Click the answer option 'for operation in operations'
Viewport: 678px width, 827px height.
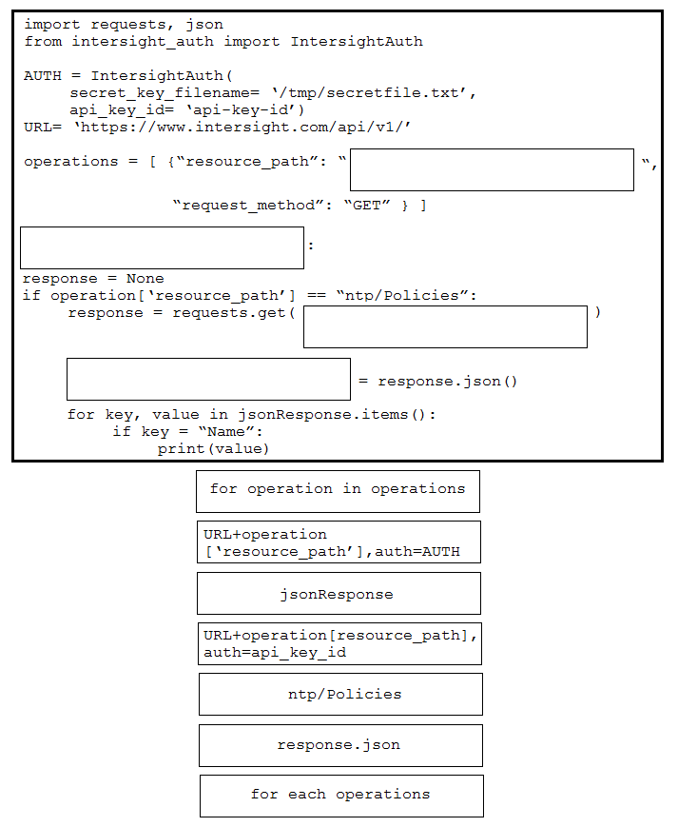(x=338, y=491)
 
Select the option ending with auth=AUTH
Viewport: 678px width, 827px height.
(x=339, y=541)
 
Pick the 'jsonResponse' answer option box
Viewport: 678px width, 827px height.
(x=339, y=593)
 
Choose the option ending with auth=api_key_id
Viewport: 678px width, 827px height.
(x=339, y=643)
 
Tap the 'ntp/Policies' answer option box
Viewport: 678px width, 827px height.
(x=340, y=694)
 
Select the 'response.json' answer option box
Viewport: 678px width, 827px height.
(x=340, y=745)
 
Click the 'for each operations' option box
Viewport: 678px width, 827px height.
(x=341, y=796)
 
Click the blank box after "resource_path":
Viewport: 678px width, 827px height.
(x=492, y=169)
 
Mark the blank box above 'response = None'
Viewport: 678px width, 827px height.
(x=162, y=247)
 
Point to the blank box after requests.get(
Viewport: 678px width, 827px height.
(x=445, y=326)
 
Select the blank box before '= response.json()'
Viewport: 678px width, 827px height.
(x=208, y=379)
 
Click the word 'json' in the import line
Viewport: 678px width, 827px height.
(x=204, y=25)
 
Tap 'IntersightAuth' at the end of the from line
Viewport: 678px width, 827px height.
(x=357, y=42)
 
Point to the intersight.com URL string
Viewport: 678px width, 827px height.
(x=242, y=128)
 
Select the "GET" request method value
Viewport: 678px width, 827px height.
(x=367, y=206)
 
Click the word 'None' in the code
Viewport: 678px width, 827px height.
(x=145, y=279)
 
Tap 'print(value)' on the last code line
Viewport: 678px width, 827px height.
(x=213, y=449)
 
